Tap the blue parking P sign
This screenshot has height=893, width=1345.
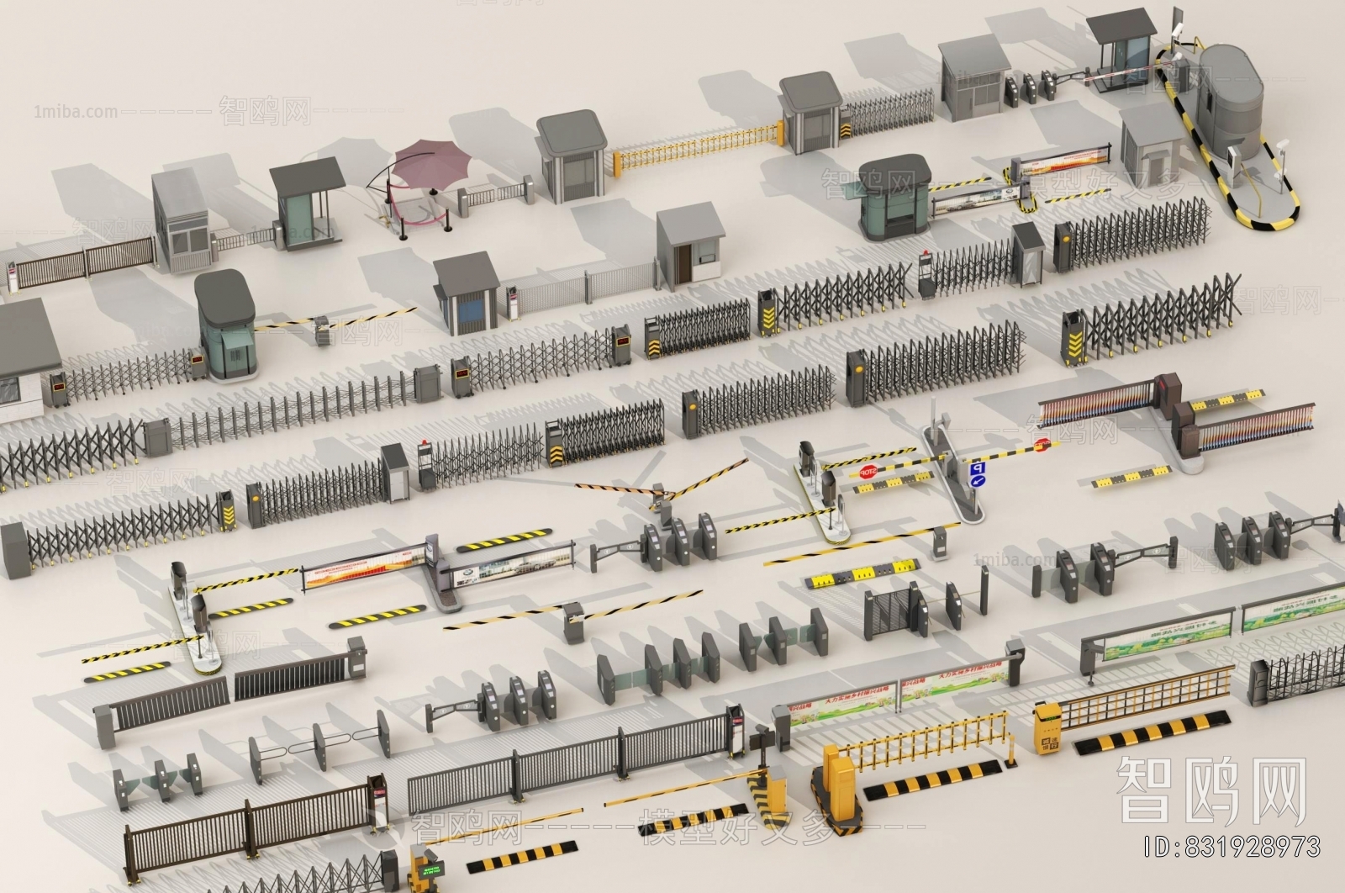pos(977,468)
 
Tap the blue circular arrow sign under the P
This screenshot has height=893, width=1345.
pos(977,481)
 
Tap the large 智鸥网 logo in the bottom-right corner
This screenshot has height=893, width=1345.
pos(1210,790)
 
